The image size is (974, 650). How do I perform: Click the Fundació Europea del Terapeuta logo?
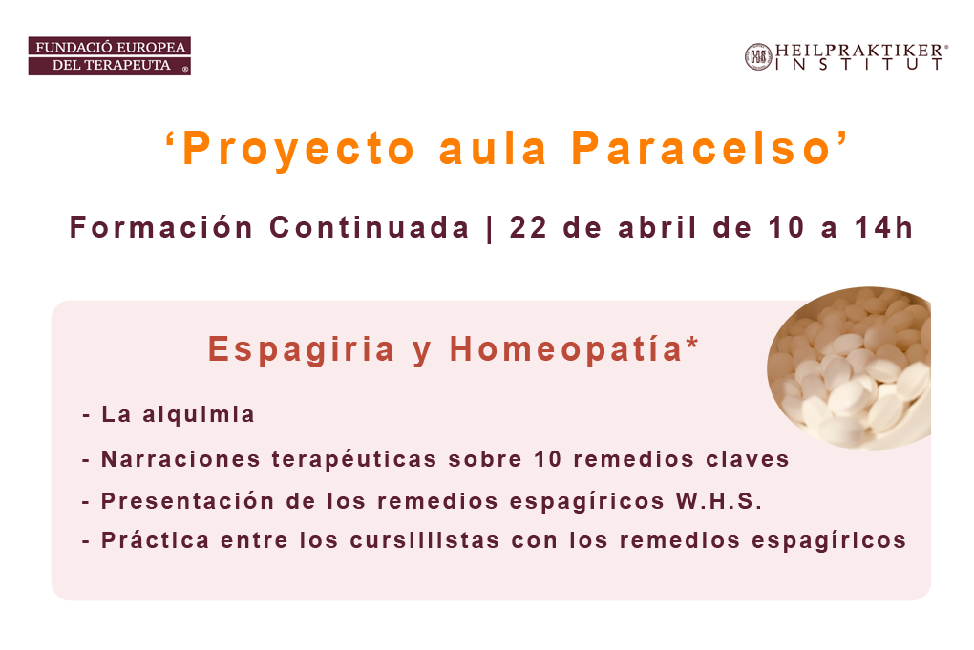pyautogui.click(x=109, y=56)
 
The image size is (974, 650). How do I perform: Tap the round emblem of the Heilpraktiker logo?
pyautogui.click(x=758, y=57)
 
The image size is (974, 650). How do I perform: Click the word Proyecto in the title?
pyautogui.click(x=299, y=150)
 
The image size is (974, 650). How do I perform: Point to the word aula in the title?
pyautogui.click(x=494, y=149)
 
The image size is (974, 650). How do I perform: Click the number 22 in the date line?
pyautogui.click(x=528, y=228)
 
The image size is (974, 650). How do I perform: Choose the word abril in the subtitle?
pyautogui.click(x=658, y=227)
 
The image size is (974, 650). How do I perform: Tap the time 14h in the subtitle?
pyautogui.click(x=884, y=227)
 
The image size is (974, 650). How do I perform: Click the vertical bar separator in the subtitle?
pyautogui.click(x=490, y=228)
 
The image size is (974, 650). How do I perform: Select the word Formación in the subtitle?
pyautogui.click(x=160, y=227)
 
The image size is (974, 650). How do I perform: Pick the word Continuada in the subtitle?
pyautogui.click(x=370, y=227)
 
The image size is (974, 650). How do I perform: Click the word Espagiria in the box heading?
pyautogui.click(x=302, y=350)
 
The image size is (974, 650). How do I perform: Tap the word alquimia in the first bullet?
pyautogui.click(x=199, y=415)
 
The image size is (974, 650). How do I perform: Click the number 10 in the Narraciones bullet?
pyautogui.click(x=548, y=459)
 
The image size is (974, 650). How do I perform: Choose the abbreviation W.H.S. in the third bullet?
pyautogui.click(x=719, y=501)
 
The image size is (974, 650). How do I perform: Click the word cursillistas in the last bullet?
pyautogui.click(x=425, y=540)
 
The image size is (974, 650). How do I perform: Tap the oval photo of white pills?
pyautogui.click(x=849, y=368)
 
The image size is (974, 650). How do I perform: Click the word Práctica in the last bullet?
pyautogui.click(x=156, y=539)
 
